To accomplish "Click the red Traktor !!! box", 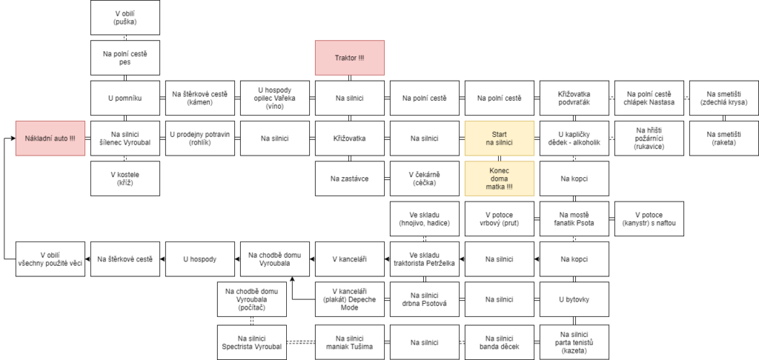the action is coord(350,58).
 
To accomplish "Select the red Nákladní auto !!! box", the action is coord(50,139).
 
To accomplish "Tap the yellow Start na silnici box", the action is coord(500,139).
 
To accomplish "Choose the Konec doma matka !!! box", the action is coord(500,179).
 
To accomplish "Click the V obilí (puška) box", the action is coord(125,18).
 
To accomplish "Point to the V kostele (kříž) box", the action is coord(125,179).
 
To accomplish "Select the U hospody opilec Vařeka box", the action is coord(275,99).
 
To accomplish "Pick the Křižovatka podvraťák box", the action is coord(574,99).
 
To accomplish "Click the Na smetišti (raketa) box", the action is coord(724,139).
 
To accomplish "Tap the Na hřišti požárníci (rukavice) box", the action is coord(649,139).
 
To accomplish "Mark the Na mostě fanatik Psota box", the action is coord(574,219).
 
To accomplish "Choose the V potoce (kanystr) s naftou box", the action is coord(649,219).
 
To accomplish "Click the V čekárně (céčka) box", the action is coord(425,179).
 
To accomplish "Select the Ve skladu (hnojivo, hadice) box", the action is coord(425,219).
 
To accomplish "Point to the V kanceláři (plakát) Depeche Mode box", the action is coord(350,299).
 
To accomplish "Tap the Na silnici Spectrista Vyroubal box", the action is coord(251,342).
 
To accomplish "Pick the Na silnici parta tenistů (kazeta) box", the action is coord(574,342).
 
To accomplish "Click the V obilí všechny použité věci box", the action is coord(50,259).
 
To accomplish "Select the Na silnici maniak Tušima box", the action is coord(350,342).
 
